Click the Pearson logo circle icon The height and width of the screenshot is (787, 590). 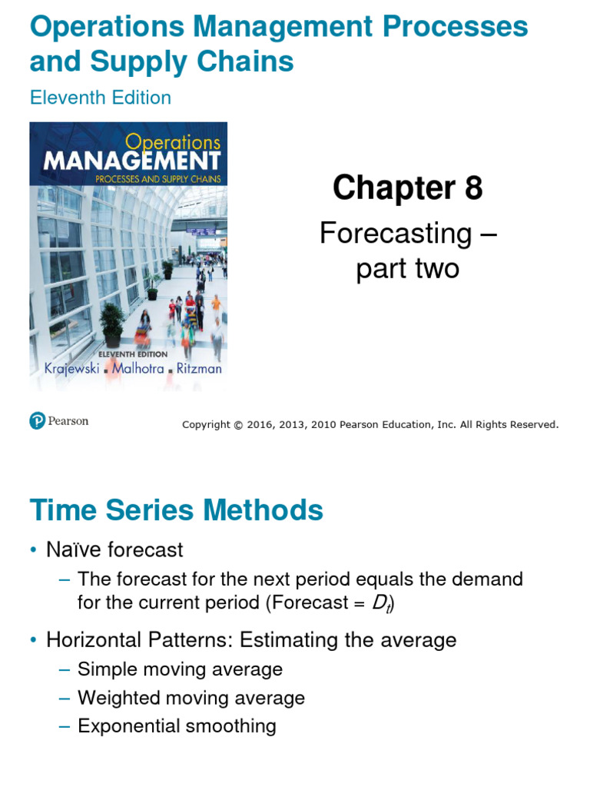(38, 420)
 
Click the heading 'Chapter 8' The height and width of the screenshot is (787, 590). (407, 187)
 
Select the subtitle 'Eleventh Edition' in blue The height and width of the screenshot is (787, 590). (100, 98)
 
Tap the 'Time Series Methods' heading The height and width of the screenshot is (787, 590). (176, 510)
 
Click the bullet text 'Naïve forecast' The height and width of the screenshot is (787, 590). (114, 550)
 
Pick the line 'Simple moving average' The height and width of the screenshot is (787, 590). (180, 669)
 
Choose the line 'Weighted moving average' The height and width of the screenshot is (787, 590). (191, 698)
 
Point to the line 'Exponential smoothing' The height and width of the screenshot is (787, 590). (177, 726)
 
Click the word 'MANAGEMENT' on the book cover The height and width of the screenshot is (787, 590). (132, 161)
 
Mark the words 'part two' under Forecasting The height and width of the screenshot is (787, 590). (407, 269)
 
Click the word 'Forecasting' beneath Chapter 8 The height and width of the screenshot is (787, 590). (396, 233)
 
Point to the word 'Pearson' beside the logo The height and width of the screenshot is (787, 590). (68, 420)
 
